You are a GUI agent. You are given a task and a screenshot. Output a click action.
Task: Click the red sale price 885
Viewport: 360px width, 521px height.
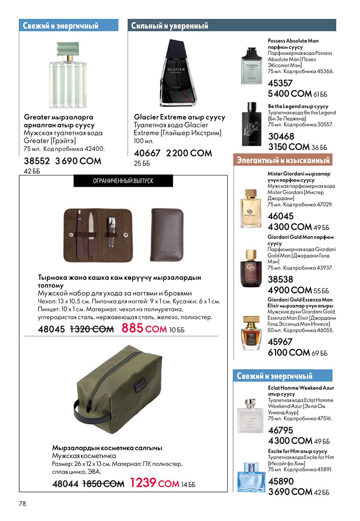[132, 329]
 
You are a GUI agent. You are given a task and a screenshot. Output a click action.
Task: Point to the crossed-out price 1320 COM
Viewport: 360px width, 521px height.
[92, 329]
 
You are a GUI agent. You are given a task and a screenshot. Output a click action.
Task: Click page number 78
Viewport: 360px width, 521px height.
[23, 503]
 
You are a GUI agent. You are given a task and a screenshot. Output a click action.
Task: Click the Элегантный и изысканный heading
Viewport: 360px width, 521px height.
[283, 160]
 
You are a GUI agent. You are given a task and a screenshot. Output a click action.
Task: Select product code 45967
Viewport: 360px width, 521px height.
[280, 342]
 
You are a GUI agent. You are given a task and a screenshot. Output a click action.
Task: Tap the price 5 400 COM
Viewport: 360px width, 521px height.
[289, 94]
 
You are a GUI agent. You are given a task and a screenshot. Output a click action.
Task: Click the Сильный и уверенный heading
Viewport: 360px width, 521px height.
[170, 26]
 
